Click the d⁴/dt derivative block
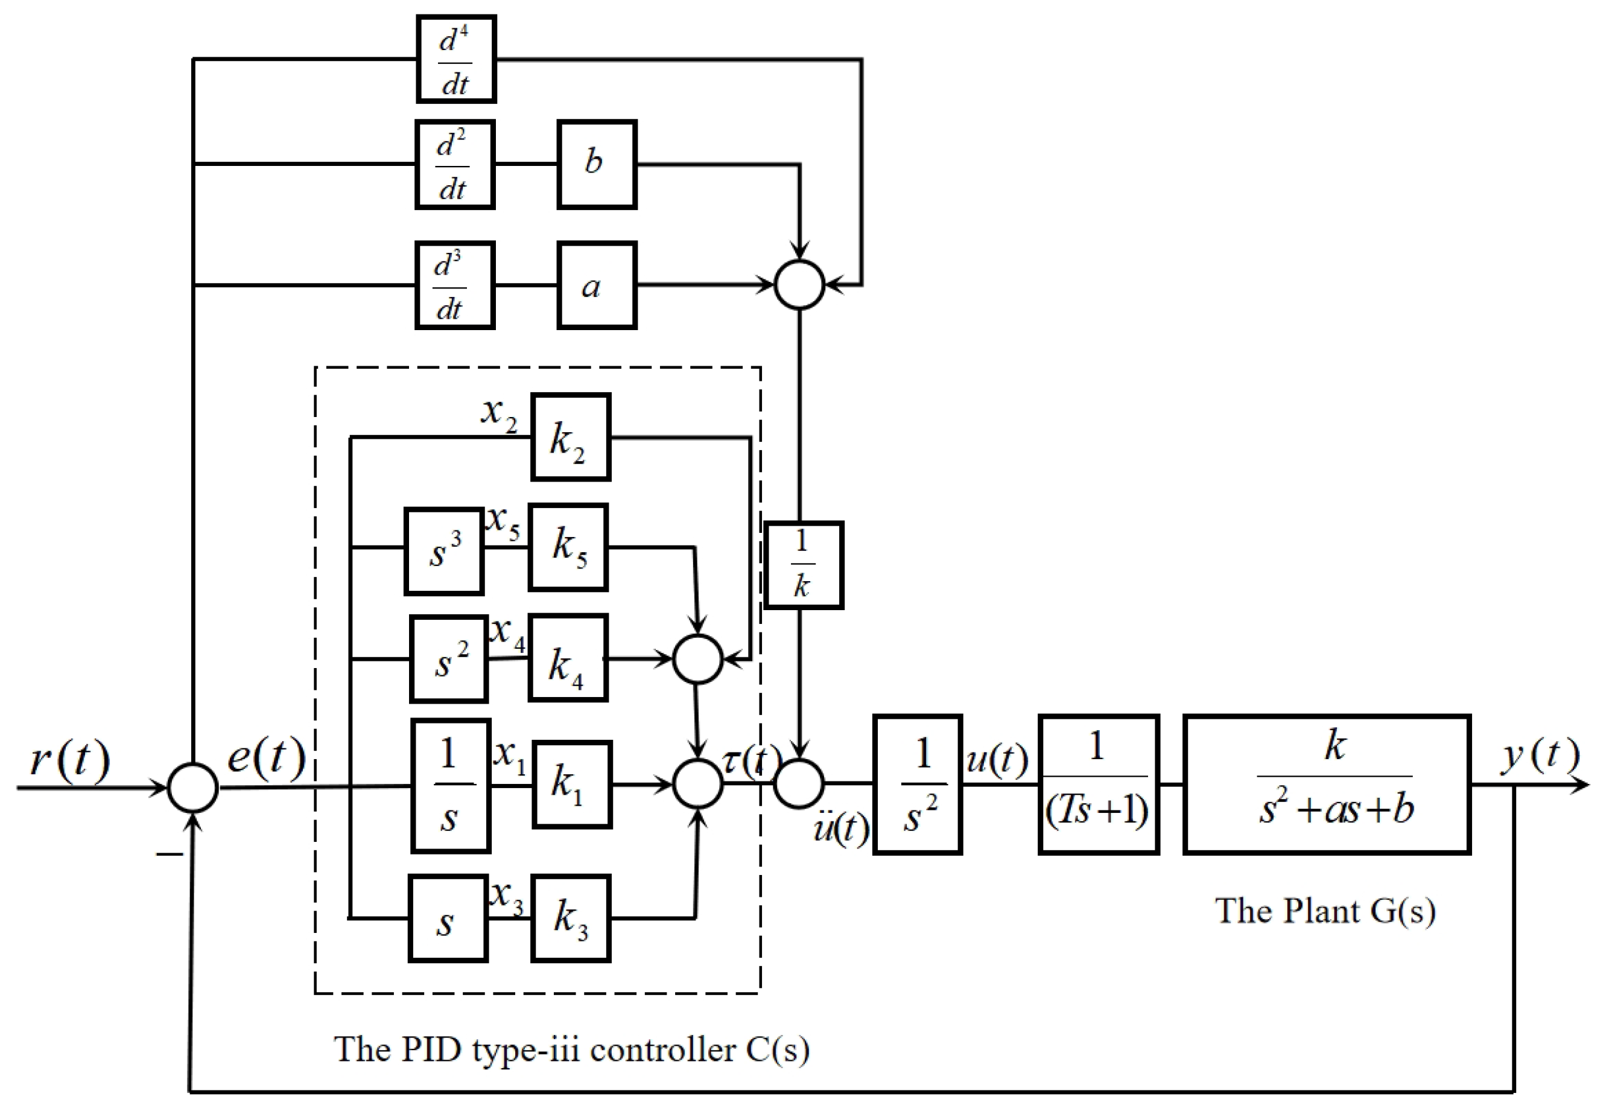pos(455,59)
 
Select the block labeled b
pos(597,164)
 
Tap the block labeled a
pos(597,285)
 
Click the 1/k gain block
pos(803,565)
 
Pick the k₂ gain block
pos(570,438)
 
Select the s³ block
pos(444,552)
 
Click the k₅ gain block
pos(568,547)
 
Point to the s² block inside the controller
pos(449,659)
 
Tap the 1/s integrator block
pos(451,785)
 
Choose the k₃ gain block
pos(571,918)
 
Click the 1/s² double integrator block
pos(917,784)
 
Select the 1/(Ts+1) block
pos(1099,784)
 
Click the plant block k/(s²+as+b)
pos(1327,784)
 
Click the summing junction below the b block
pos(800,285)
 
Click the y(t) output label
pos(1539,755)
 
